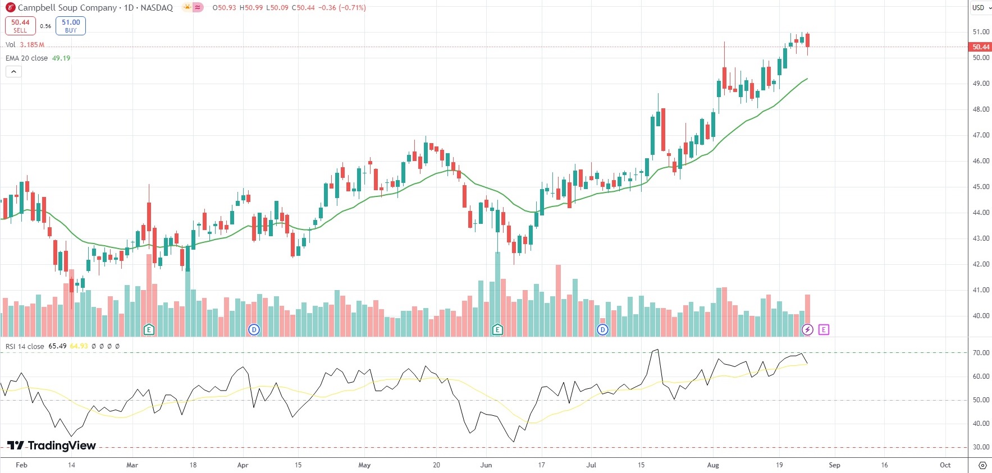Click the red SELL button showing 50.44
point(20,26)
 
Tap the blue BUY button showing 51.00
point(71,26)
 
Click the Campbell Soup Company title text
point(67,8)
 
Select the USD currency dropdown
point(981,8)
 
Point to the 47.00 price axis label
point(981,135)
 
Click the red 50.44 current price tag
point(981,47)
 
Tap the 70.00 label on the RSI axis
point(981,353)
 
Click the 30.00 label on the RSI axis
point(981,447)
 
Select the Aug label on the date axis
point(713,465)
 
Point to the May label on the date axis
point(364,465)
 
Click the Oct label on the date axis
point(945,465)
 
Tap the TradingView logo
point(52,446)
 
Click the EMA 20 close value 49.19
point(61,58)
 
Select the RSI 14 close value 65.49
point(57,346)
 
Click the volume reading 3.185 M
point(32,45)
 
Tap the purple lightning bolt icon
point(807,329)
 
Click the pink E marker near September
point(824,329)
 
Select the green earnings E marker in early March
point(149,329)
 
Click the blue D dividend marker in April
point(254,329)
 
